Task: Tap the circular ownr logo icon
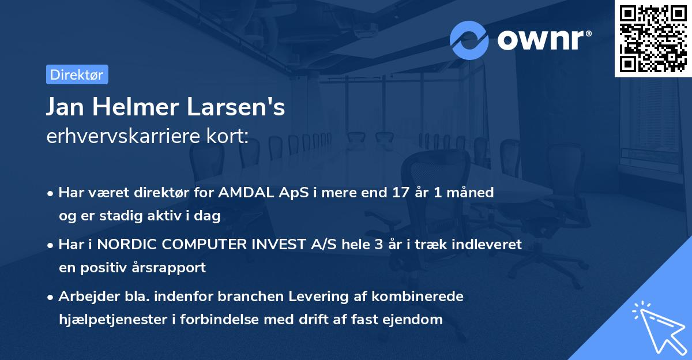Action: (469, 40)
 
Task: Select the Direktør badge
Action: (77, 74)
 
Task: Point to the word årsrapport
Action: (171, 268)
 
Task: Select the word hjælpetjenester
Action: (112, 319)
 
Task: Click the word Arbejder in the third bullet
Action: (84, 297)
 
